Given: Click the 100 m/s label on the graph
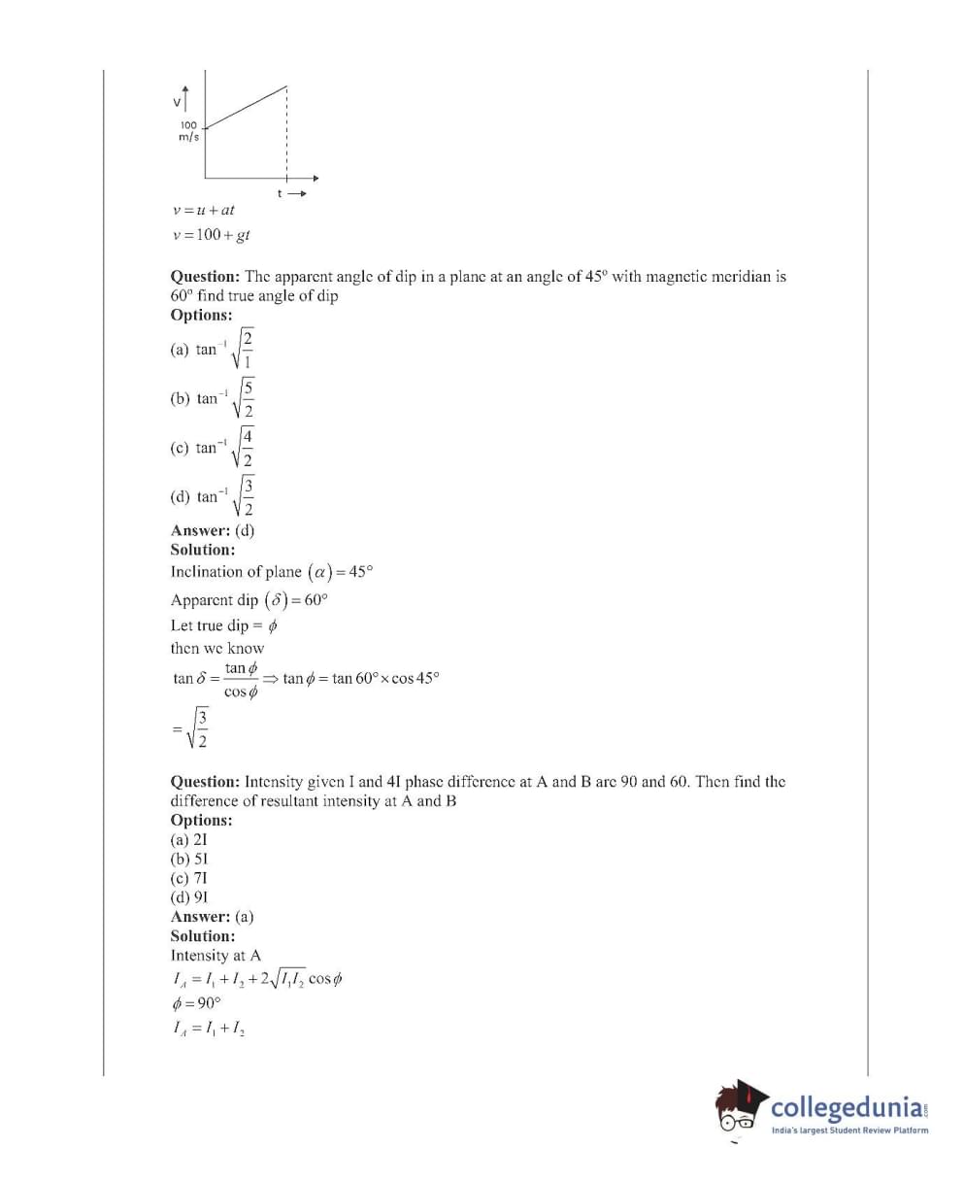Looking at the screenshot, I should pyautogui.click(x=187, y=131).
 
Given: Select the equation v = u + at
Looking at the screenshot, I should pyautogui.click(x=203, y=210).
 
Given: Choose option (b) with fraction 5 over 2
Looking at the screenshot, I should pyautogui.click(x=213, y=398).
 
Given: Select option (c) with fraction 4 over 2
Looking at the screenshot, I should pyautogui.click(x=213, y=448).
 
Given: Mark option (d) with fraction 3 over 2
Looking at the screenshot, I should pyautogui.click(x=213, y=496).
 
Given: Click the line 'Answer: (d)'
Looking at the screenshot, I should pyautogui.click(x=213, y=530).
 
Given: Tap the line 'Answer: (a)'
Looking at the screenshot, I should pyautogui.click(x=213, y=917).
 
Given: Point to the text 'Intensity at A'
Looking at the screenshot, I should pyautogui.click(x=216, y=956).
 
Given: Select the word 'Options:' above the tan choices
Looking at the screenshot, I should pyautogui.click(x=201, y=315).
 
